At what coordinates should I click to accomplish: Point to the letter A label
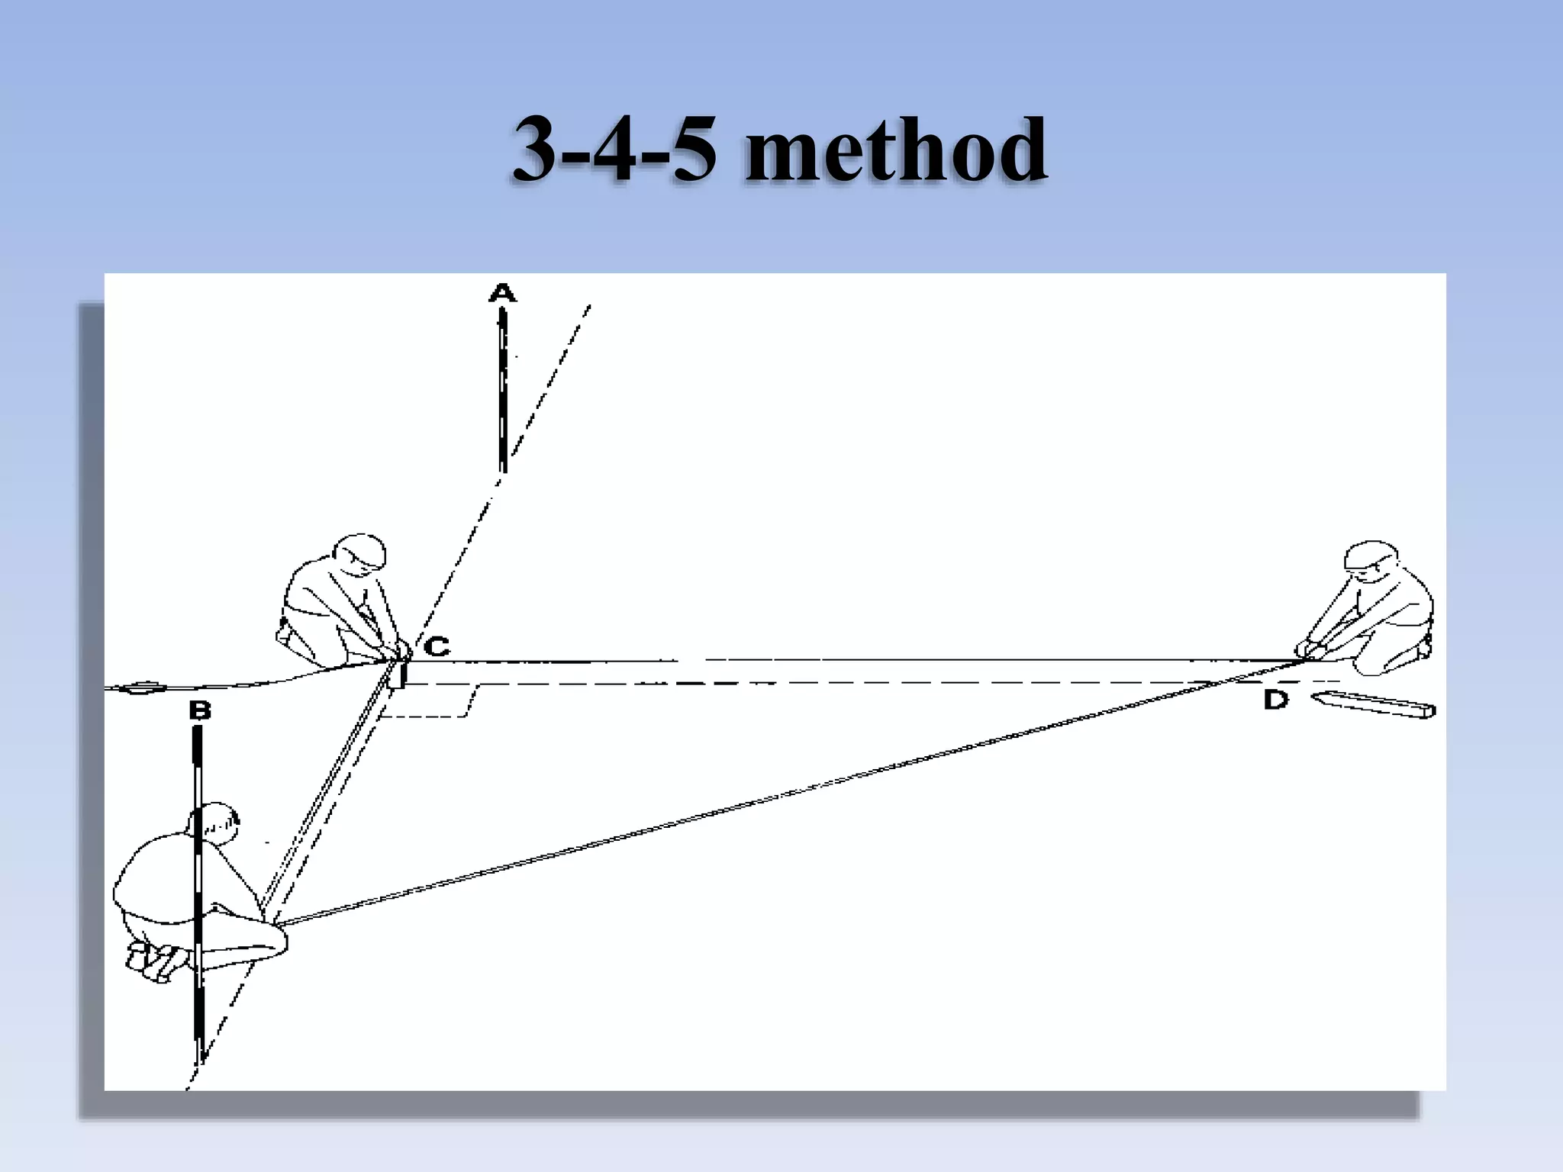[x=502, y=292]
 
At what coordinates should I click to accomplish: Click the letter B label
[x=199, y=711]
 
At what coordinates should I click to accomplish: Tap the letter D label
[x=1275, y=699]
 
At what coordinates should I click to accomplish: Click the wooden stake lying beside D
[x=1374, y=704]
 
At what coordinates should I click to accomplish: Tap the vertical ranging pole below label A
[x=502, y=389]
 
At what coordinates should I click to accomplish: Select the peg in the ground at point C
[x=396, y=674]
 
